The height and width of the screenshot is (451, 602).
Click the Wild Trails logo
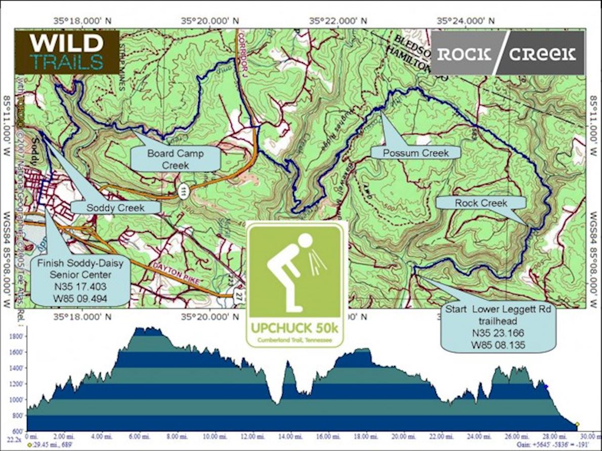click(x=67, y=52)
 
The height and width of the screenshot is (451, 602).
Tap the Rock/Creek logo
click(x=506, y=54)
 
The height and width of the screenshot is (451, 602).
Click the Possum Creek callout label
click(x=415, y=152)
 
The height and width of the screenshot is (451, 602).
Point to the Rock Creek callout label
click(x=481, y=203)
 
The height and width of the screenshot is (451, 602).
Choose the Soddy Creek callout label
click(x=115, y=207)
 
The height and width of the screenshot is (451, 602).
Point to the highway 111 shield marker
click(x=182, y=189)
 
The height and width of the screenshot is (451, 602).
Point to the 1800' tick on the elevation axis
click(x=17, y=336)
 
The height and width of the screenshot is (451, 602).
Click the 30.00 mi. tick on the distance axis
click(x=586, y=435)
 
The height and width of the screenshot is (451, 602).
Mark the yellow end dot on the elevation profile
click(x=577, y=424)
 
